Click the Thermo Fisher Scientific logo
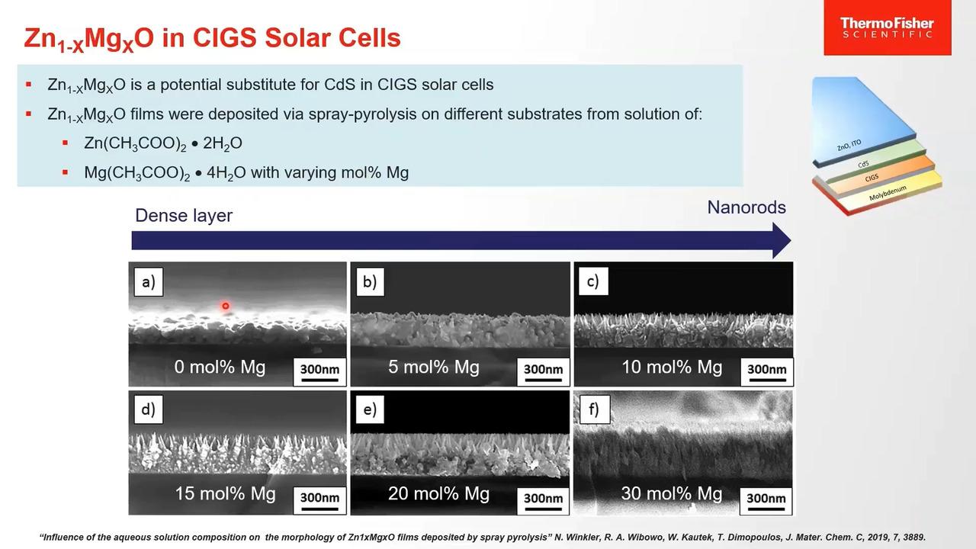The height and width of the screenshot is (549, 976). tap(887, 28)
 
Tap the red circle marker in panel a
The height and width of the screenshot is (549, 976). tap(225, 306)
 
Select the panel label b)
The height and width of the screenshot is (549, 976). tap(370, 282)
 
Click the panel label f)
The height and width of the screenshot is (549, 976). tap(594, 409)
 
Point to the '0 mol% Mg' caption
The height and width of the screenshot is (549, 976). tap(220, 367)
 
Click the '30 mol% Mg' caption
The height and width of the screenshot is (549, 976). tap(672, 493)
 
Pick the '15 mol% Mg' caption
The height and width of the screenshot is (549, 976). tap(225, 493)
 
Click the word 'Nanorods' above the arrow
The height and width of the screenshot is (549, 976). tap(746, 207)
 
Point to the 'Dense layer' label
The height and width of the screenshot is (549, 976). tap(184, 216)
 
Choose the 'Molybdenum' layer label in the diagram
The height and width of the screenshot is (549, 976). tap(888, 193)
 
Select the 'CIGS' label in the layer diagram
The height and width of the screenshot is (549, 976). tap(872, 178)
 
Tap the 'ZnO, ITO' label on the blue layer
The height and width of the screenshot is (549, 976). tap(849, 145)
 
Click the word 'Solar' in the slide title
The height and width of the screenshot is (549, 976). tap(294, 37)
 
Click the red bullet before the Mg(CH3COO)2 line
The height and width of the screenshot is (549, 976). tap(66, 172)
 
